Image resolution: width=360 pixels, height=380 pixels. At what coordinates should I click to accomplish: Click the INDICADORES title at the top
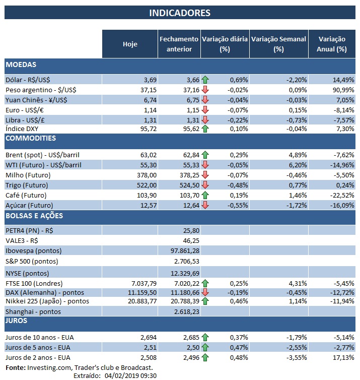coord(180,13)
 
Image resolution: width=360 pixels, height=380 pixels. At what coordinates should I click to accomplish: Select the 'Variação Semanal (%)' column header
coord(278,44)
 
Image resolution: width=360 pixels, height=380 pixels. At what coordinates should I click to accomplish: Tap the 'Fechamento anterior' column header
coord(179,44)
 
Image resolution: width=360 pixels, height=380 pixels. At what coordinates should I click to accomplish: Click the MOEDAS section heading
coord(21,65)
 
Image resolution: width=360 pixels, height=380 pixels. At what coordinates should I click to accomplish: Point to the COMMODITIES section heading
coord(30,139)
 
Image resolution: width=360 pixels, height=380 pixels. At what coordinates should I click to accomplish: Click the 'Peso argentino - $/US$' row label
coord(41,89)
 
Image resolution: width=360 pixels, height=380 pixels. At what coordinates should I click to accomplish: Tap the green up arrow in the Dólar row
coord(205,80)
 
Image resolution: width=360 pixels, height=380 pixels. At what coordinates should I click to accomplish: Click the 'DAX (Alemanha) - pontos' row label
coord(44,292)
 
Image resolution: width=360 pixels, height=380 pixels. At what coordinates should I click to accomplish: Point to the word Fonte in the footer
coord(15,367)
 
